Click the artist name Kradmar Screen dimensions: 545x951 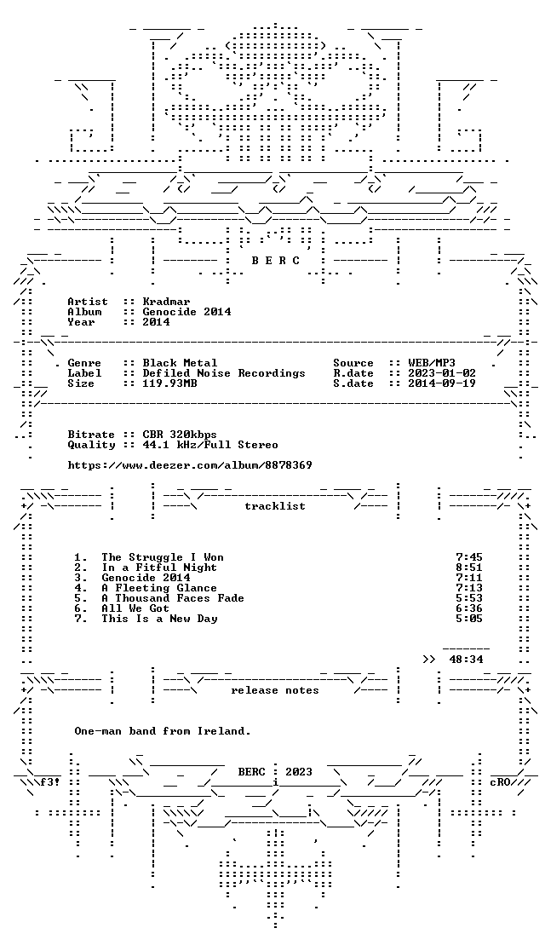point(166,302)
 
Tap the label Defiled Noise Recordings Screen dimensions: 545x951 point(224,373)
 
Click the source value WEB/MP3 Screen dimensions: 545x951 point(432,363)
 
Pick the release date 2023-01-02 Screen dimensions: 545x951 point(442,373)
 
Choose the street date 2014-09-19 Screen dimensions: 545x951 point(442,384)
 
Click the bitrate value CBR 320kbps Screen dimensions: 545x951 point(180,435)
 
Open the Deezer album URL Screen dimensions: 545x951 point(190,466)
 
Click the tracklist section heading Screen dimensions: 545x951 point(274,506)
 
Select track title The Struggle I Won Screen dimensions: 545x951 point(163,557)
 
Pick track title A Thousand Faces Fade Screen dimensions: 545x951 point(173,598)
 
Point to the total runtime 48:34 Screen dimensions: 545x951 point(466,660)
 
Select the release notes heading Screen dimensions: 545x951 point(274,691)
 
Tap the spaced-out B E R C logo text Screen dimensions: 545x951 point(276,261)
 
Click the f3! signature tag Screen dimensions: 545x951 point(50,782)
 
